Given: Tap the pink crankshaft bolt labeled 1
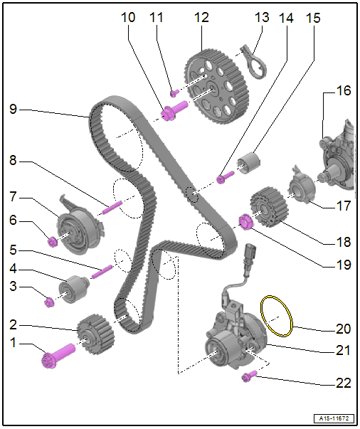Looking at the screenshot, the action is point(58,356).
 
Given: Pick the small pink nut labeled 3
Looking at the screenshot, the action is point(48,302).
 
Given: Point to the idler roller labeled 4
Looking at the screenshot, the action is point(74,289).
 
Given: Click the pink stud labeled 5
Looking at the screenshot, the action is point(102,272).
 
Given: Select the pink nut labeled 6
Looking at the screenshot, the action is point(52,242).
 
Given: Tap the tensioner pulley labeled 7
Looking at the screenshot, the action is point(80,229).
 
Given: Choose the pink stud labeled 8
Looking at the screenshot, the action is point(112,207).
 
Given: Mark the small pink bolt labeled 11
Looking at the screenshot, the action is point(174,93).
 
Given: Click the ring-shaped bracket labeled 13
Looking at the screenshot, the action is point(254,62).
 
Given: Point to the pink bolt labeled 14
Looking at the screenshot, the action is point(225,177).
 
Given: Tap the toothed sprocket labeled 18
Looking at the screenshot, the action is point(269,207).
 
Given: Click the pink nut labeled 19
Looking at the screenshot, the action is point(245,222).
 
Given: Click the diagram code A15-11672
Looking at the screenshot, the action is point(334,418).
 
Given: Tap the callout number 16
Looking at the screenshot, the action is point(343,90).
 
